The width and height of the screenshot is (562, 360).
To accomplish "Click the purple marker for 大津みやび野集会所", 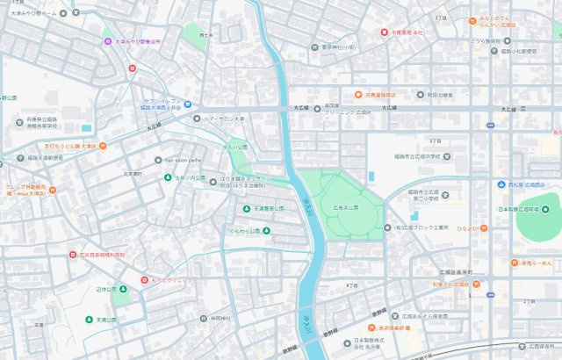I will coord(108,41).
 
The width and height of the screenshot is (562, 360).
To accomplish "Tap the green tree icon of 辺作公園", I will coord(113,289).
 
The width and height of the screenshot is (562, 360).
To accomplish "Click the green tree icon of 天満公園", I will coord(89,320).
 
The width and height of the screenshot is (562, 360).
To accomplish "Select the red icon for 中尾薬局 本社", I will coord(384,32).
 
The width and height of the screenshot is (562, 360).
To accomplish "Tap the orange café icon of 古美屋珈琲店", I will coord(359,94).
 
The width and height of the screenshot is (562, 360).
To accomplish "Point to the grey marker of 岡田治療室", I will coord(411,94).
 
